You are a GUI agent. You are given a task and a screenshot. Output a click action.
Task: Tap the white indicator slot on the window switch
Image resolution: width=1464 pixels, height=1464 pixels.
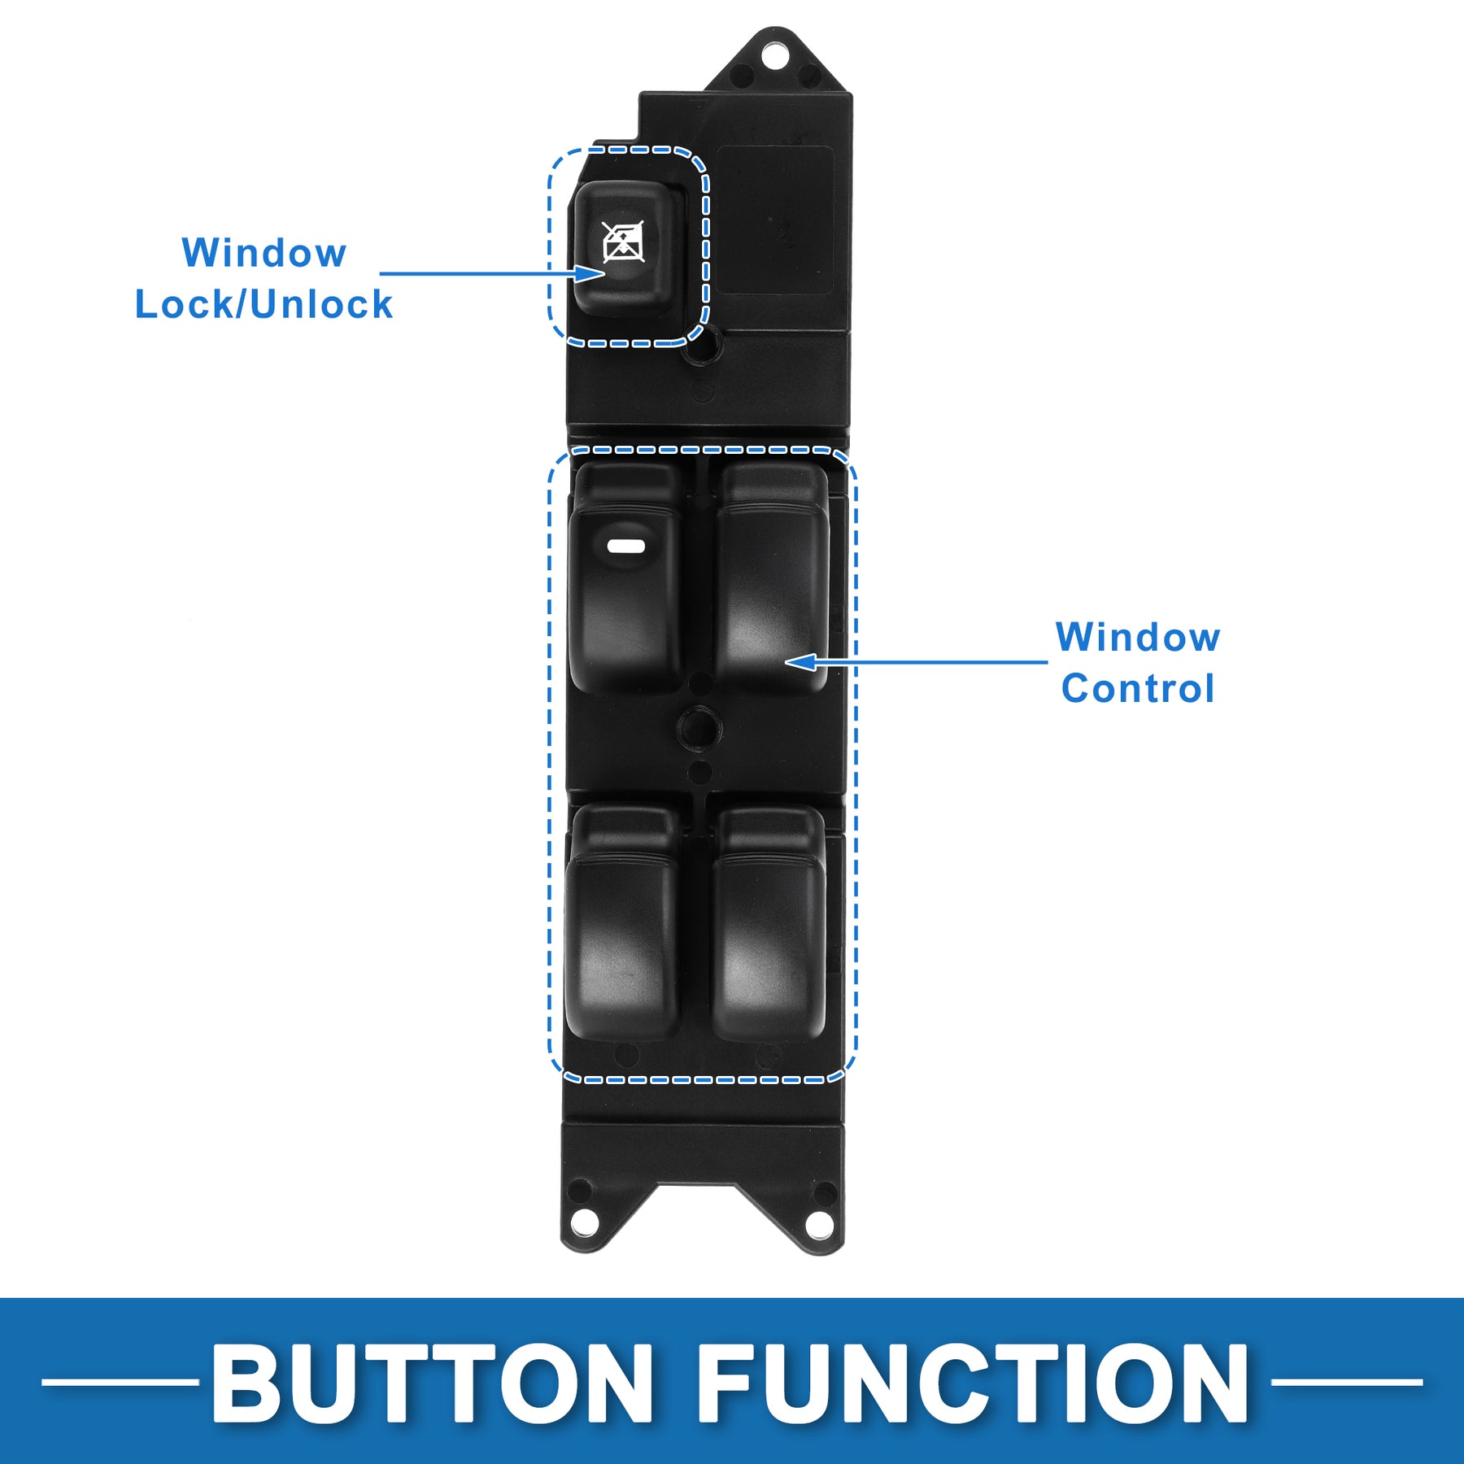(625, 546)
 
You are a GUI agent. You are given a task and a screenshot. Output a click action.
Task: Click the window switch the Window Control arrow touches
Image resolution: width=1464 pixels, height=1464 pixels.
(770, 586)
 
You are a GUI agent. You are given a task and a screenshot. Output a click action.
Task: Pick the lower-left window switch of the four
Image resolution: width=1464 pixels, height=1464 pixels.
(622, 927)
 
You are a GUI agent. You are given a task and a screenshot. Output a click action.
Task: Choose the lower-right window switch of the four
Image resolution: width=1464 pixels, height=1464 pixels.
(769, 927)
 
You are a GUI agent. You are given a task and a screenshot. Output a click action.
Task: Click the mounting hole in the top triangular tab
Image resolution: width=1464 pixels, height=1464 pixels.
(774, 56)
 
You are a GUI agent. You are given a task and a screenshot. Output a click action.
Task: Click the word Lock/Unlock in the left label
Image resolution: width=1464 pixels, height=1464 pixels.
(264, 305)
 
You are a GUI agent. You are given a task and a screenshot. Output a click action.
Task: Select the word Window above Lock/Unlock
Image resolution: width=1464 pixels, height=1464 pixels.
(264, 253)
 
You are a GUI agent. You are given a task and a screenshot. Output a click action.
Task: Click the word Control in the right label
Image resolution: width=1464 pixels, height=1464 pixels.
(1137, 689)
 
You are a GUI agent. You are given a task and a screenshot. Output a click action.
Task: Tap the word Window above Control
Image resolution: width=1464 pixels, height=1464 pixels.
(1137, 638)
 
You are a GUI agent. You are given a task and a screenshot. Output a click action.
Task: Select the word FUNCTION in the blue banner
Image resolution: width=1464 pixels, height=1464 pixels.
(971, 1382)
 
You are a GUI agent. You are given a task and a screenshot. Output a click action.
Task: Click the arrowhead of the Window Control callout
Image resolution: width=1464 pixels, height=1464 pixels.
(801, 662)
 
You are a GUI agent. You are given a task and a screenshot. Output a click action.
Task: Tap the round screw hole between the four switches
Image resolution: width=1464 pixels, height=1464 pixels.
(699, 726)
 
